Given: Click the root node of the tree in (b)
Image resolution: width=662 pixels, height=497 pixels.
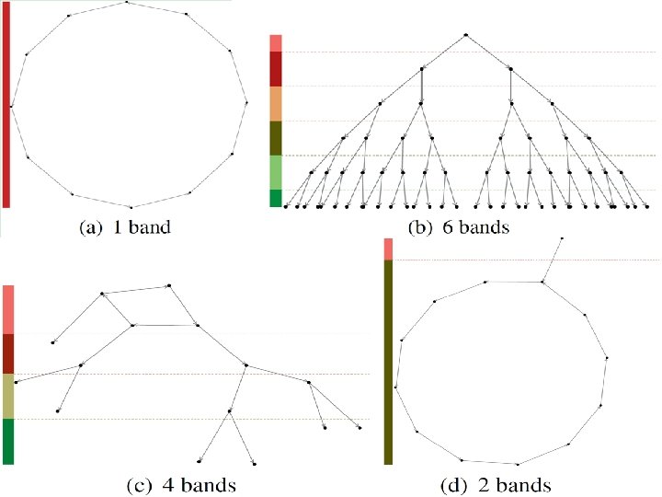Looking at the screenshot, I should [466, 35].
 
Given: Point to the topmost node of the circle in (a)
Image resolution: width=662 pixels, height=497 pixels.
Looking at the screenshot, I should [128, 3].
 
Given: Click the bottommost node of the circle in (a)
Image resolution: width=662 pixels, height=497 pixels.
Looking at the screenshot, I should [131, 206].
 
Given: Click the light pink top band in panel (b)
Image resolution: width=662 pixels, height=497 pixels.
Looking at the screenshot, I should [275, 43].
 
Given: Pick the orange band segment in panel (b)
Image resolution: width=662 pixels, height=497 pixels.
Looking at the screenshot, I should [275, 104].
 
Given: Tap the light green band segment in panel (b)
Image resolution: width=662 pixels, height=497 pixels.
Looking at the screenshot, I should [275, 172].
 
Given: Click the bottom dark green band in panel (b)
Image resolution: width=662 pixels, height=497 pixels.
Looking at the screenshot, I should [275, 198].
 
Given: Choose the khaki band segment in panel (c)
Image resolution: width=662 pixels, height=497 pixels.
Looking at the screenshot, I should [8, 396].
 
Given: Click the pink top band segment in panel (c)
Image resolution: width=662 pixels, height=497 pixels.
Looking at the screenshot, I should [8, 309].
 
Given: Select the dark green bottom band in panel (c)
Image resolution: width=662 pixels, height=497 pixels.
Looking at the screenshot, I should [8, 441].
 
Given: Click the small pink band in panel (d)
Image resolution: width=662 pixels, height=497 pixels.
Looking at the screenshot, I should [388, 248].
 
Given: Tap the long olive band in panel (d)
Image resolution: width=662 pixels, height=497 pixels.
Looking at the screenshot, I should [388, 362].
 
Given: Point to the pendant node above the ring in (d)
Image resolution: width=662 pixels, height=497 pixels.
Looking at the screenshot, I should [562, 237].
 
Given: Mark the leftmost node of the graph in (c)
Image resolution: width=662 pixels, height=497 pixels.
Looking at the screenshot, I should [17, 381].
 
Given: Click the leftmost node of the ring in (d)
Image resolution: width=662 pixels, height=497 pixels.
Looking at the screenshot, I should [395, 387].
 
